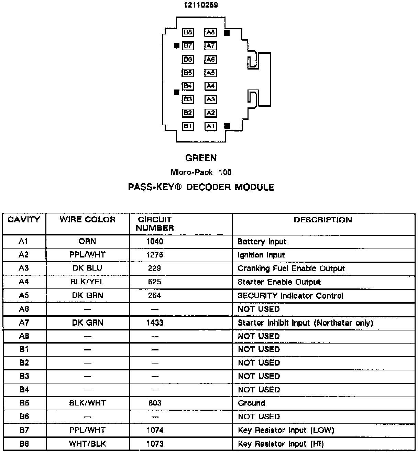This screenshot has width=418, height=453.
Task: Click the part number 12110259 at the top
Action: [201, 5]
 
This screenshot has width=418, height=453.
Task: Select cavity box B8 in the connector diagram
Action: [188, 32]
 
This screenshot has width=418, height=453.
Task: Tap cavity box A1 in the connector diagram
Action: [210, 126]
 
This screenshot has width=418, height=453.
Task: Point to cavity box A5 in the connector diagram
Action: [210, 73]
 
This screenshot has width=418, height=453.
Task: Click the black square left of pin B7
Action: [177, 45]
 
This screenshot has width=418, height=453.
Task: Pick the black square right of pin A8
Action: [227, 33]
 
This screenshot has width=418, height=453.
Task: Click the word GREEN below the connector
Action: [201, 158]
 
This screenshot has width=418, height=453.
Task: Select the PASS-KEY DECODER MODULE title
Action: [201, 187]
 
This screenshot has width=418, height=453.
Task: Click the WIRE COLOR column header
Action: [87, 220]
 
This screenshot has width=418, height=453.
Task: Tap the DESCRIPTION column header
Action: [323, 220]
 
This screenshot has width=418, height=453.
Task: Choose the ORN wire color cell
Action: [87, 241]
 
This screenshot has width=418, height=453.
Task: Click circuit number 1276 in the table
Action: [154, 255]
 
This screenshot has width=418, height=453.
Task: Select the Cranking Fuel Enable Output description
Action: [291, 268]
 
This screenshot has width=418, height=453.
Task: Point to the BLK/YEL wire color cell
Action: [87, 282]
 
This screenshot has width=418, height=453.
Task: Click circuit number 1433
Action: [154, 323]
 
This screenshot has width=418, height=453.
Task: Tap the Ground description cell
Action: [251, 403]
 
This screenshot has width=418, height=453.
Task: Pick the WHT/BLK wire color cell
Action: [87, 444]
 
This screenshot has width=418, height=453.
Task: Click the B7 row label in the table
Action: [24, 430]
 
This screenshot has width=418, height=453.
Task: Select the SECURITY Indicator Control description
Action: [290, 296]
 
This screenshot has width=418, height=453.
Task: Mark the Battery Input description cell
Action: [262, 242]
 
